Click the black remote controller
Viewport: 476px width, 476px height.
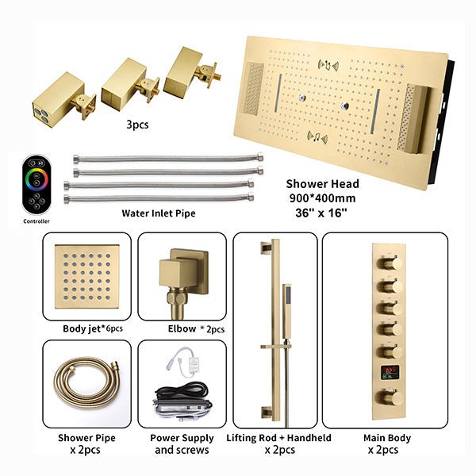[36, 185]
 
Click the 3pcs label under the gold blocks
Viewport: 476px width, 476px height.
[137, 125]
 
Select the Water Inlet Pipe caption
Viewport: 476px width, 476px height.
[159, 213]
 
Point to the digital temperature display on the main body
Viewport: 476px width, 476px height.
[390, 372]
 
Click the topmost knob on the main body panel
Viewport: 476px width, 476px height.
[390, 263]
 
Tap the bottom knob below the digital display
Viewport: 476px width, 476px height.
[390, 397]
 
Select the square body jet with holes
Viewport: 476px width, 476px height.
[86, 276]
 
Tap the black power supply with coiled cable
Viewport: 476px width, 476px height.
[182, 400]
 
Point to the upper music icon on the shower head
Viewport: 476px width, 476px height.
[328, 65]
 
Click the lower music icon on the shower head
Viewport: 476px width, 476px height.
[317, 137]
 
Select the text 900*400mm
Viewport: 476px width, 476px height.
[322, 198]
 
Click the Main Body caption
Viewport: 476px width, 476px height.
[387, 438]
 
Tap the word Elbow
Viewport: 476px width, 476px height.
[182, 328]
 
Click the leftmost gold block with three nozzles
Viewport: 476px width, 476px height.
[58, 100]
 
